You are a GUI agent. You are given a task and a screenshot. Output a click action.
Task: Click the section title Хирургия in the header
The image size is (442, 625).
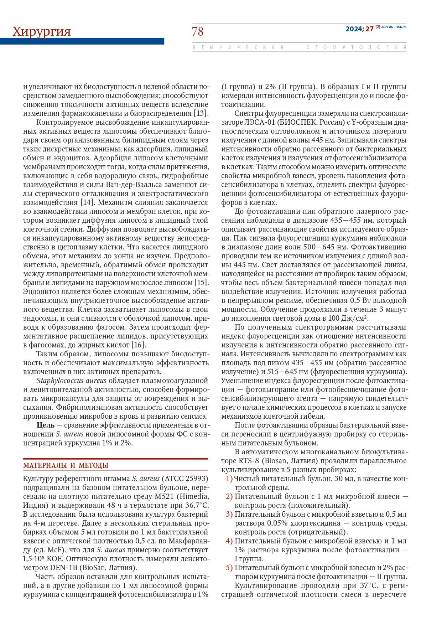tap(42, 32)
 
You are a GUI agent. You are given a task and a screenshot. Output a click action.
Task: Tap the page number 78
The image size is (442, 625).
tap(198, 32)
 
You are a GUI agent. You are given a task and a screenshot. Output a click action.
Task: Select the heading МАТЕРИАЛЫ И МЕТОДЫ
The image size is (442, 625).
tap(66, 465)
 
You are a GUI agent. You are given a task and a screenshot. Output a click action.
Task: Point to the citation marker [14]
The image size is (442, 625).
tap(87, 202)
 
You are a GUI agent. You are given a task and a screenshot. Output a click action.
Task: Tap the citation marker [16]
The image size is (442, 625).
tap(139, 345)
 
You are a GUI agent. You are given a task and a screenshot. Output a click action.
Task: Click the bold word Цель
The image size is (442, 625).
tap(46, 425)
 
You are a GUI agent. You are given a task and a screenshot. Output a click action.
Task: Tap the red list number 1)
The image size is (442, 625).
tap(229, 479)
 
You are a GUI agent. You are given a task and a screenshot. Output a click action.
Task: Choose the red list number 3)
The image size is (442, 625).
tap(229, 514)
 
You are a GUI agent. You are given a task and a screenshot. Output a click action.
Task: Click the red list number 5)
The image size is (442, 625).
tap(229, 568)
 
